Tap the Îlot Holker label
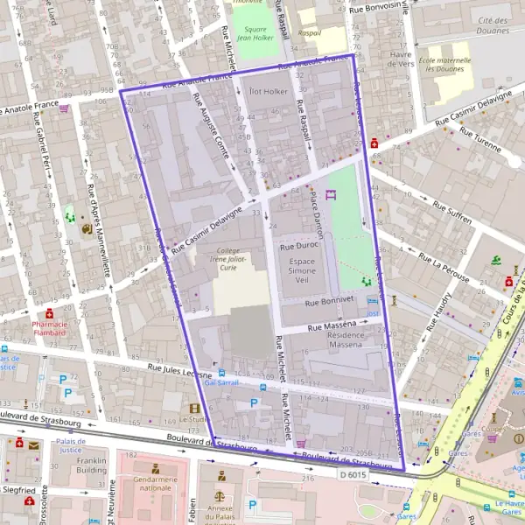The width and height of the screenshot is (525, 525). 268,90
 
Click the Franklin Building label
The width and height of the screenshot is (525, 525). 90,464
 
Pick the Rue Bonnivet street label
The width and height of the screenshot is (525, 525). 328,300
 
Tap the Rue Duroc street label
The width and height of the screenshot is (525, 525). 297,248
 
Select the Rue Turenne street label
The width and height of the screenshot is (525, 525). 480,141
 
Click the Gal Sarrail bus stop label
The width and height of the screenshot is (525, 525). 220,383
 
